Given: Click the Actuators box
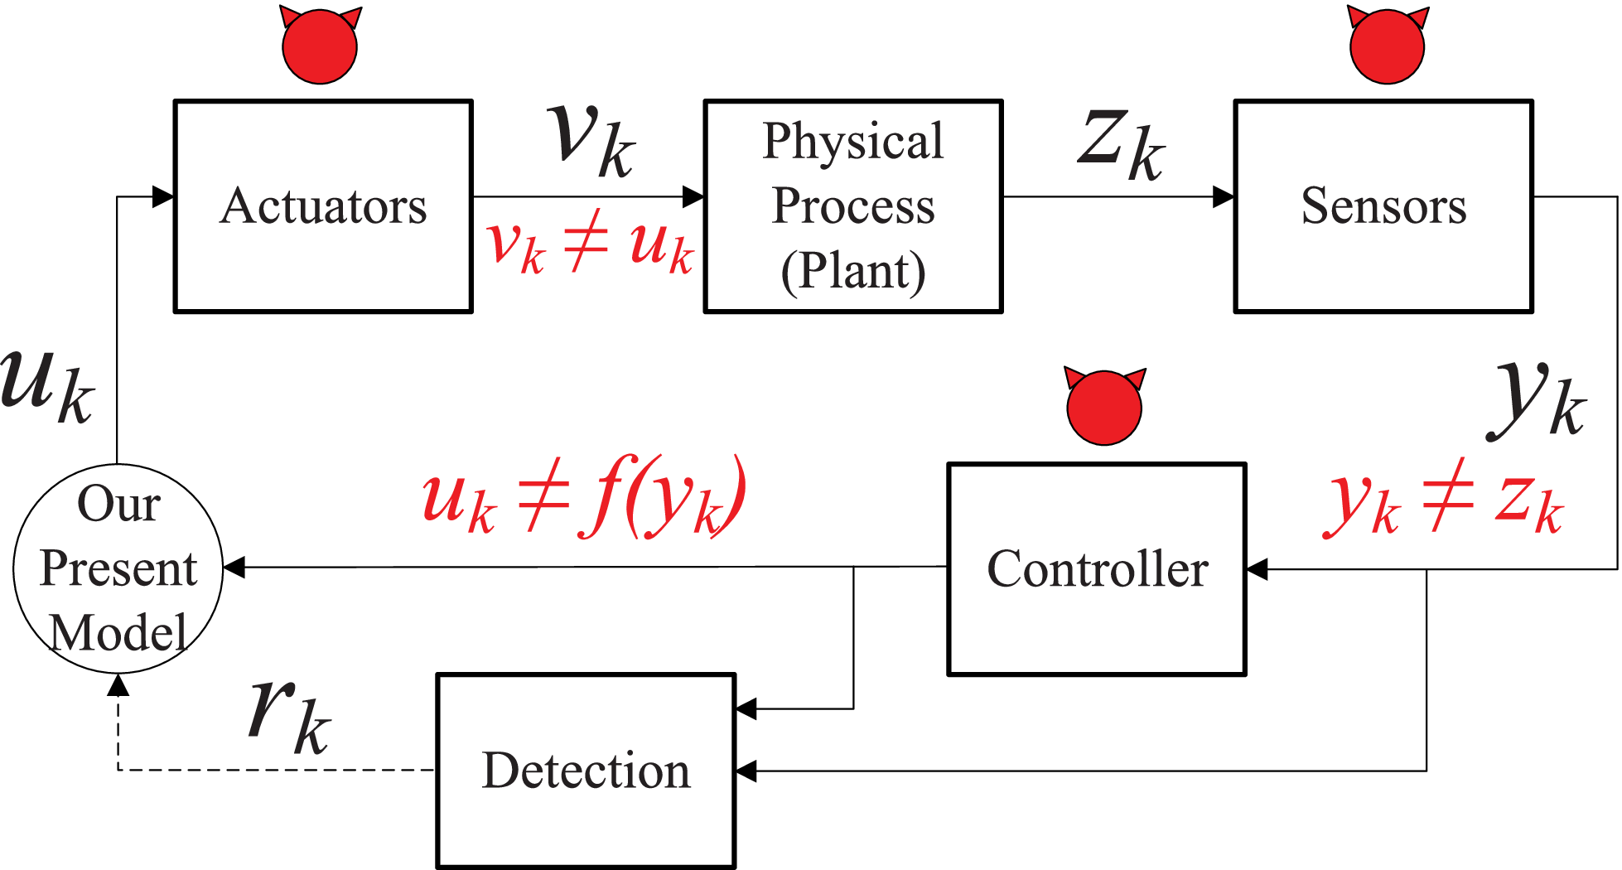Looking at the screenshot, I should pos(323,206).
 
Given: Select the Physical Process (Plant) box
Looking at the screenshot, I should pos(853,206).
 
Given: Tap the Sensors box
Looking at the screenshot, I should pos(1383,206).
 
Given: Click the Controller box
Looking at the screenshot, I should pos(1097,569).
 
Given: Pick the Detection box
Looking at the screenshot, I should pos(586,771).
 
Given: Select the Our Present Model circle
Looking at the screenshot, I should pos(118,569).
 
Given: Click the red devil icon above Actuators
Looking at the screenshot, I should pos(320,46).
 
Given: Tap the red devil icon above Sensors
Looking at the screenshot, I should pos(1387,46).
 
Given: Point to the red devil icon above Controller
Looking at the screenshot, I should pos(1104,407).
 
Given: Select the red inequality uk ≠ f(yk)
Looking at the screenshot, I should pos(584,496).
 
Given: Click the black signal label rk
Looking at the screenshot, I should pos(290,714).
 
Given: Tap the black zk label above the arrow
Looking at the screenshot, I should pos(1122,145).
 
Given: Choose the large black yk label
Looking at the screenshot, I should pos(1538,401).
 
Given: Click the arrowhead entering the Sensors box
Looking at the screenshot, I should pos(1224,197).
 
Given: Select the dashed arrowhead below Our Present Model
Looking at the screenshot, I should pos(118,684).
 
